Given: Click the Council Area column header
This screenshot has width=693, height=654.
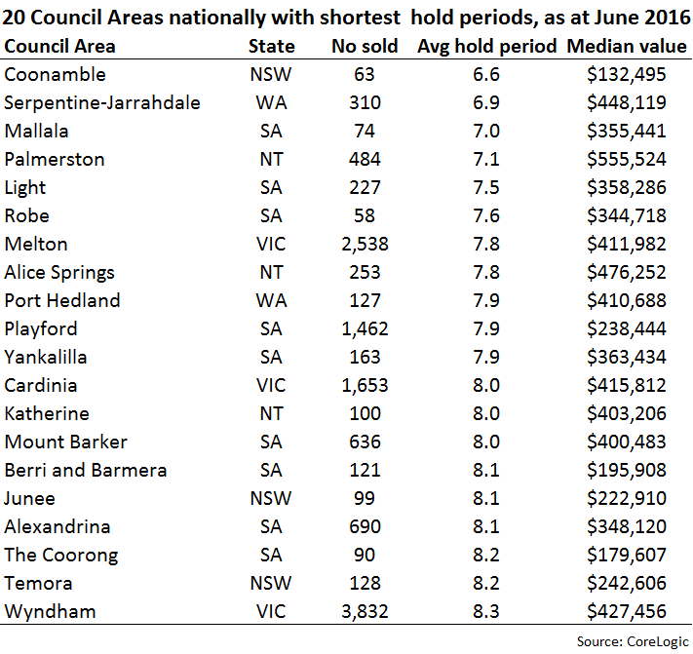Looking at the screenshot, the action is (x=59, y=47).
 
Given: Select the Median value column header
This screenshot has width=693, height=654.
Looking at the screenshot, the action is (x=627, y=47).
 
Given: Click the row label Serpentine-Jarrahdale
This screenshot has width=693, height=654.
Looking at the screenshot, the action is (x=102, y=103).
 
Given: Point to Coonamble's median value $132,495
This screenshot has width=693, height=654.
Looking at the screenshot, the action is (x=627, y=75).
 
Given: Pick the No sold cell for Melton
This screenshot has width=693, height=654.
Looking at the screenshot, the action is (x=365, y=245).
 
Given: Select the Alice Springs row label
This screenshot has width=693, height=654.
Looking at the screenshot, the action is (x=59, y=273).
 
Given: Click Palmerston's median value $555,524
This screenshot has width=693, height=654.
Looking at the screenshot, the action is (x=627, y=160).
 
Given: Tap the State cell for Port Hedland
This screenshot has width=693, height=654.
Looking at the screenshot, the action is (x=271, y=301).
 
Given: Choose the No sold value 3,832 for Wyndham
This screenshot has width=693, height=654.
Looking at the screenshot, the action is (x=365, y=612).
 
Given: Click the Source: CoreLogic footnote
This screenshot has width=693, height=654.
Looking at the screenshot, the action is (x=633, y=641).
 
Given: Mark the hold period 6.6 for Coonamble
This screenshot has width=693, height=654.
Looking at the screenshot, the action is (x=486, y=75).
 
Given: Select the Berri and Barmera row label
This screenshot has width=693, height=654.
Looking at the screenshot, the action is (x=86, y=471).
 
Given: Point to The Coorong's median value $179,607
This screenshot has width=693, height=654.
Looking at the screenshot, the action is (x=627, y=556).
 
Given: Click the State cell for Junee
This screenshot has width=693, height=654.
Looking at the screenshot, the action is (x=271, y=499).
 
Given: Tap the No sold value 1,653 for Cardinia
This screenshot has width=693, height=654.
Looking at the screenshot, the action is (x=365, y=386).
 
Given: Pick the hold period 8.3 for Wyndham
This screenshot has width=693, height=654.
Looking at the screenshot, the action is (x=486, y=612).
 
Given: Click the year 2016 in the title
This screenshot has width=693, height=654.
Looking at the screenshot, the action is (x=667, y=19).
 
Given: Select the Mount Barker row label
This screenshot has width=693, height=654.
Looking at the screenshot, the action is (x=66, y=442).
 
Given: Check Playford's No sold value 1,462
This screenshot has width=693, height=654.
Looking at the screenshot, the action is (x=365, y=329).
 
